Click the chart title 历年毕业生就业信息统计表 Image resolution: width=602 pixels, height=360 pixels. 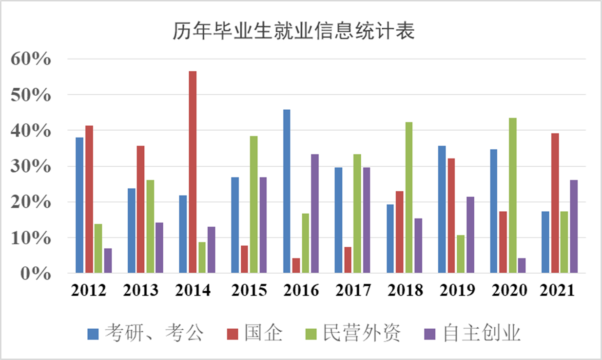(x=293, y=32)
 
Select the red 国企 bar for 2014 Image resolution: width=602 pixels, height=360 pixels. (x=193, y=172)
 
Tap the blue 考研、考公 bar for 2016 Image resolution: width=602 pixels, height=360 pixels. (x=287, y=191)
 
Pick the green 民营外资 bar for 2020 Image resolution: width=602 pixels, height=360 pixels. (x=512, y=195)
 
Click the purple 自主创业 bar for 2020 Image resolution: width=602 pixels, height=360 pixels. (x=522, y=265)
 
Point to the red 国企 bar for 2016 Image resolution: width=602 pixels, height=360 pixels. (x=296, y=265)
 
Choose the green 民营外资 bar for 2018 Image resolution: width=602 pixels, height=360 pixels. (x=409, y=197)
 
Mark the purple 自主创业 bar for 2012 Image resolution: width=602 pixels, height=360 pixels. (x=108, y=260)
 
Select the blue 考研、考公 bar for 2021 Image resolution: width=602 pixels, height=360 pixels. (x=545, y=242)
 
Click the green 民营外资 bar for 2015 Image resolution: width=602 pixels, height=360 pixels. (x=254, y=204)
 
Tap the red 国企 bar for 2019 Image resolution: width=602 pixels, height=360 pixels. (x=451, y=216)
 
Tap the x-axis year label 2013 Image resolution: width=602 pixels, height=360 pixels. (x=141, y=290)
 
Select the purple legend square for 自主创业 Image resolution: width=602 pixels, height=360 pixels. (x=429, y=334)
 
